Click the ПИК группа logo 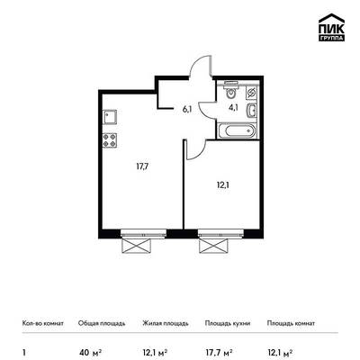pyautogui.click(x=331, y=28)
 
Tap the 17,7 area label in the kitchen pyautogui.click(x=141, y=166)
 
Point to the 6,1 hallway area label pyautogui.click(x=187, y=110)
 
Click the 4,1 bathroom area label pyautogui.click(x=233, y=108)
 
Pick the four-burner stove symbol pyautogui.click(x=110, y=140)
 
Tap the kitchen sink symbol pyautogui.click(x=110, y=117)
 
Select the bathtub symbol pyautogui.click(x=237, y=131)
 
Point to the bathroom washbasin pyautogui.click(x=251, y=111)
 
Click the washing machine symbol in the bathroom pyautogui.click(x=251, y=93)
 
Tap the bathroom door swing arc pyautogui.click(x=207, y=110)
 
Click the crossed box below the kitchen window pyautogui.click(x=136, y=246)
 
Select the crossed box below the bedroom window pyautogui.click(x=212, y=245)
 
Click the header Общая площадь pyautogui.click(x=102, y=323)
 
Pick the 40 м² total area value pyautogui.click(x=90, y=351)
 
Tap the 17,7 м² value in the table pyautogui.click(x=219, y=351)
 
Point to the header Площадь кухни pyautogui.click(x=228, y=323)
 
